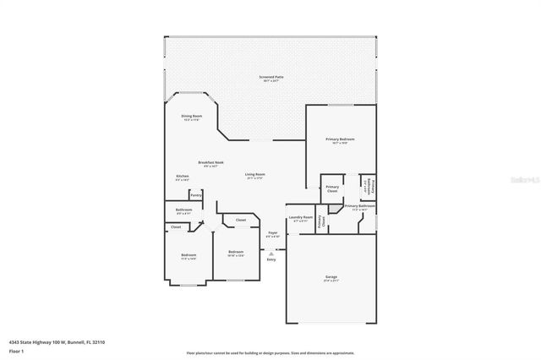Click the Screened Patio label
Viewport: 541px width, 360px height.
click(271, 77)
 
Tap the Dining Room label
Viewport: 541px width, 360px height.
click(192, 117)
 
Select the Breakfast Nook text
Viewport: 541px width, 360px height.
click(210, 162)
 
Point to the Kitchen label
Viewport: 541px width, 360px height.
click(183, 177)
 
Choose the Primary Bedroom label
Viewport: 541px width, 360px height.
click(340, 139)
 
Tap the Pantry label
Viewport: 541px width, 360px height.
click(195, 195)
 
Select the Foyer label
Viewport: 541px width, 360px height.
click(272, 232)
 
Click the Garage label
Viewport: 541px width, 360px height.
click(331, 276)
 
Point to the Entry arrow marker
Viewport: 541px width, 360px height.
click(271, 252)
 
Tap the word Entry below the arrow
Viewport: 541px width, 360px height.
click(271, 259)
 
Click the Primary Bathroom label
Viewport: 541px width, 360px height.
click(359, 206)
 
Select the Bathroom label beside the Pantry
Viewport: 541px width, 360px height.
click(183, 210)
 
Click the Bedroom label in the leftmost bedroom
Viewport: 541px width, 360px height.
click(188, 255)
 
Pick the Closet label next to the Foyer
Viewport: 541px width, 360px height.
click(241, 221)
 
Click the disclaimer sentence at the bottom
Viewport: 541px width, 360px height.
click(270, 353)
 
